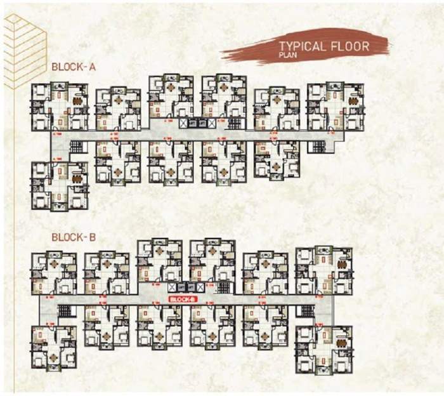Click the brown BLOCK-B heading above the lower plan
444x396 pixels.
[73, 237]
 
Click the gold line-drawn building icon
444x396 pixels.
[23, 51]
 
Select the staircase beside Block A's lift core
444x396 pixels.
[234, 124]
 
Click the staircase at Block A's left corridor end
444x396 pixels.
[76, 147]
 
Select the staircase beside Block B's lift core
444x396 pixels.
[224, 287]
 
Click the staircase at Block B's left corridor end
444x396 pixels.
[64, 311]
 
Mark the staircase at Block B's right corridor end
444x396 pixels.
[306, 311]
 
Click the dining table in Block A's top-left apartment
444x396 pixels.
[78, 101]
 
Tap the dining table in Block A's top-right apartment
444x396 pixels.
[353, 101]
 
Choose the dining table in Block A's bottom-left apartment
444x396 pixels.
[78, 178]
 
